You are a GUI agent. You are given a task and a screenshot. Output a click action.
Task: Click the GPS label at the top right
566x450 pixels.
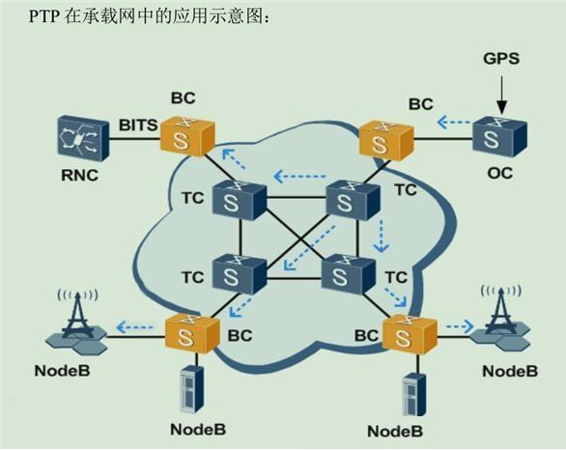click(501, 59)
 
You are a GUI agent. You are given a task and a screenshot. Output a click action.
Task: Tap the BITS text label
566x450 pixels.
click(137, 125)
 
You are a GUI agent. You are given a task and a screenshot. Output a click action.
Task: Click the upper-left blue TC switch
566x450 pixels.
click(233, 201)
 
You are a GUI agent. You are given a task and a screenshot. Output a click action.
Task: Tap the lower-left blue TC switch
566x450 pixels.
click(233, 274)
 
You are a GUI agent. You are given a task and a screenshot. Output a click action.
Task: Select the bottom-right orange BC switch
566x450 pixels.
click(405, 335)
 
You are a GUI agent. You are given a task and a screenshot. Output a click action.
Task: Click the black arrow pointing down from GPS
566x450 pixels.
click(501, 92)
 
